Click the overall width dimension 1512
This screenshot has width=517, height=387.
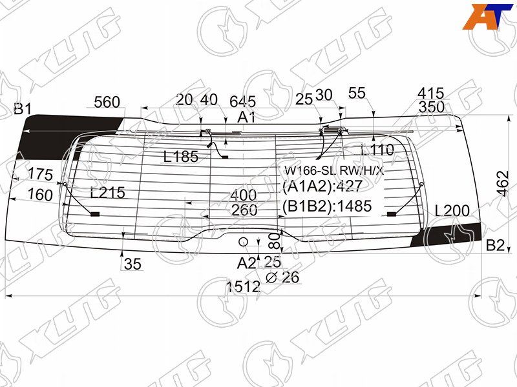pyautogui.click(x=244, y=286)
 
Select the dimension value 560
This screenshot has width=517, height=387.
pyautogui.click(x=107, y=102)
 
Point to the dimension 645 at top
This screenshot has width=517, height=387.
pyautogui.click(x=243, y=101)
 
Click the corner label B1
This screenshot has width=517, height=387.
pyautogui.click(x=23, y=108)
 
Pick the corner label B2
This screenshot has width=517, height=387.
pyautogui.click(x=495, y=245)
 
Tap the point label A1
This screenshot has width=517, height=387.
pyautogui.click(x=246, y=117)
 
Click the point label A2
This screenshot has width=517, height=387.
pyautogui.click(x=246, y=263)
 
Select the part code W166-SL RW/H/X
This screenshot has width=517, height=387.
pyautogui.click(x=334, y=170)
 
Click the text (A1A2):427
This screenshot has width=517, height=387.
pyautogui.click(x=322, y=186)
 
